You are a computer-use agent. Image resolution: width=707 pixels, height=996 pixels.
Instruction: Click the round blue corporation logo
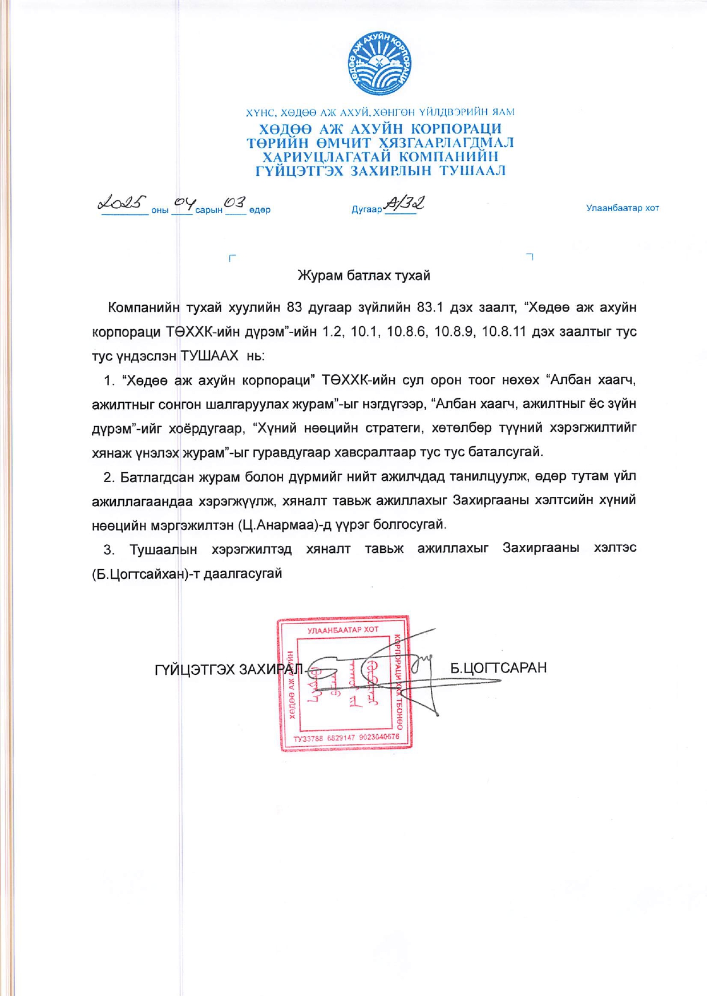(380, 63)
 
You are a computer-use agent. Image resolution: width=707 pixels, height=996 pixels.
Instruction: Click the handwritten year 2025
(122, 203)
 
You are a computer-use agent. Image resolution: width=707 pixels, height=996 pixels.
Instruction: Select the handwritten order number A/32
(405, 203)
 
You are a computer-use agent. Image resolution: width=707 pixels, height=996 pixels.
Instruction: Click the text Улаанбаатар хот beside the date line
(622, 208)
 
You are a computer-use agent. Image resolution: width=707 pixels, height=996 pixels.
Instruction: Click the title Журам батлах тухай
(363, 276)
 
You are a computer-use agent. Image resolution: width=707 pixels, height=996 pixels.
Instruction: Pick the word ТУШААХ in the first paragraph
(209, 356)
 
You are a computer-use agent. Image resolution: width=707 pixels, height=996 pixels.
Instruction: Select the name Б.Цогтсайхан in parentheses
(136, 574)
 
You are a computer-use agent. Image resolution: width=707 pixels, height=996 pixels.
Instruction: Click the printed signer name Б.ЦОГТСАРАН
(498, 668)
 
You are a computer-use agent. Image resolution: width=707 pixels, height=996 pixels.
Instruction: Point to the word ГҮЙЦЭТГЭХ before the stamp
(194, 669)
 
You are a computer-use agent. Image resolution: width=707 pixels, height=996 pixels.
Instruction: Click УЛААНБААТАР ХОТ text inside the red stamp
(343, 630)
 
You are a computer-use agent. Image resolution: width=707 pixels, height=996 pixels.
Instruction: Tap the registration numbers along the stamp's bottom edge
(346, 738)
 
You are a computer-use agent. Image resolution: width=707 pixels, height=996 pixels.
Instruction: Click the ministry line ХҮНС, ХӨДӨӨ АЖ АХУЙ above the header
(380, 112)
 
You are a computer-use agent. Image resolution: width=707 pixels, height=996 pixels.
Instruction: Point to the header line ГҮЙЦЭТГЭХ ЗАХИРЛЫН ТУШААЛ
(380, 171)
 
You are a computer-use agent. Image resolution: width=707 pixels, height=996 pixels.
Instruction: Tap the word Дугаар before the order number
(366, 209)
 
